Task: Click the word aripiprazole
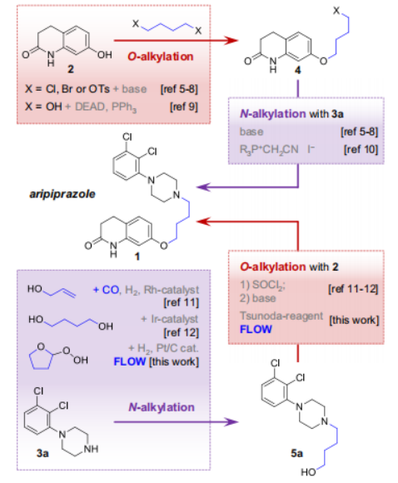62,194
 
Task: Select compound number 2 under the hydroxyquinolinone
71,69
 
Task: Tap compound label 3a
42,453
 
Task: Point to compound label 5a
296,453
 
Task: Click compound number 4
297,71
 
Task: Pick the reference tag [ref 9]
184,107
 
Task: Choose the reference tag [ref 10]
361,149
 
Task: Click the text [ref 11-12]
353,289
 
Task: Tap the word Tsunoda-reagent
281,316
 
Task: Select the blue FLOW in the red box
256,329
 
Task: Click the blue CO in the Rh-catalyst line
111,290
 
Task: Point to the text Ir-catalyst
174,319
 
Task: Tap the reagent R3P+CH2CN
269,150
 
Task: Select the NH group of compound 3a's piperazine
91,449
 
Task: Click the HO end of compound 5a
308,472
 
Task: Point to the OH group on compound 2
104,55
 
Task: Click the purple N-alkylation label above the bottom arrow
162,407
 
